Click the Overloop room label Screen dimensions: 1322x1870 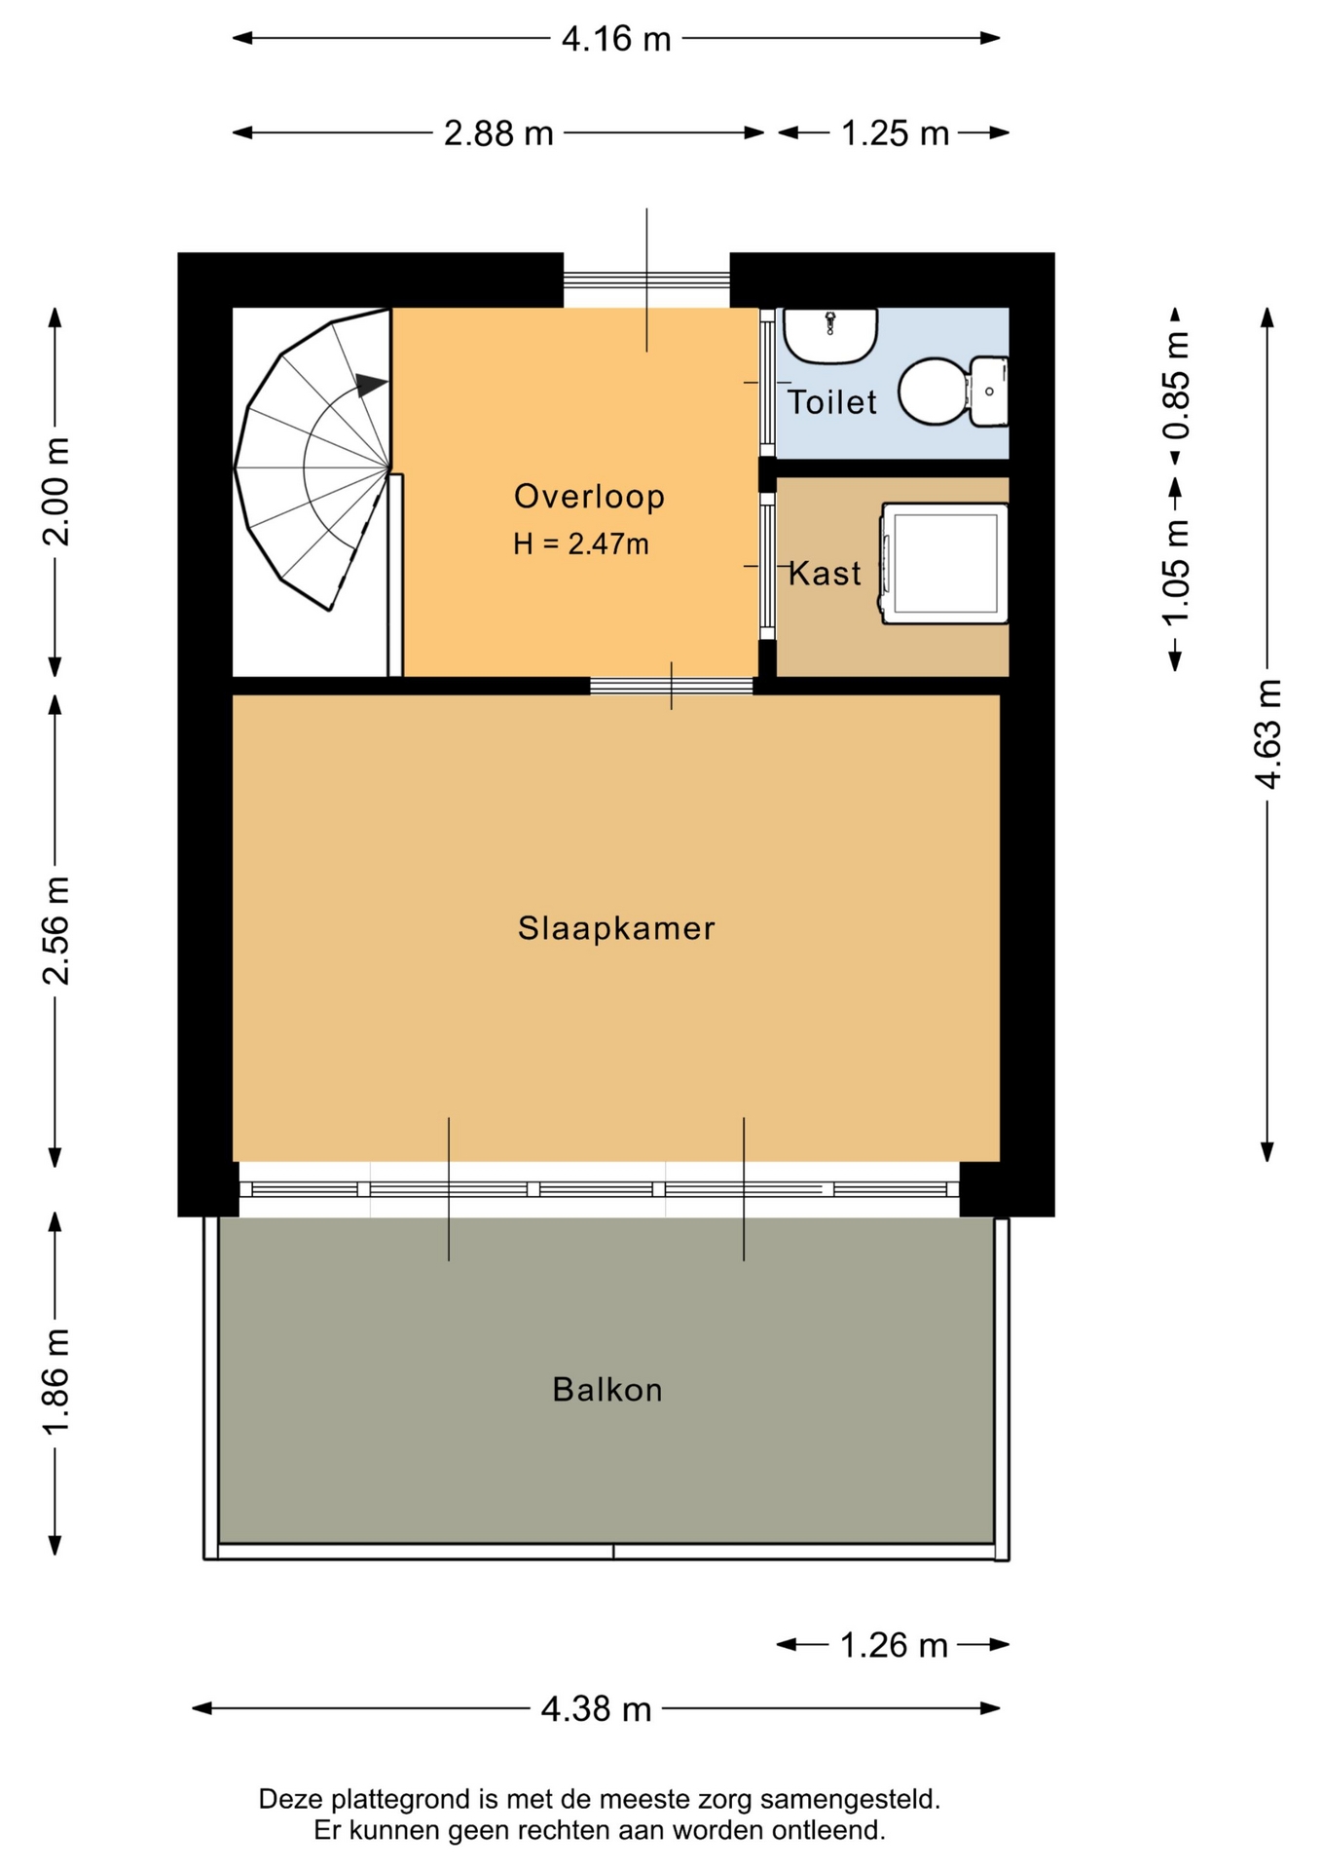[589, 497]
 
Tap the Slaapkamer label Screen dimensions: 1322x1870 [616, 928]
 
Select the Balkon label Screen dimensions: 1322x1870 [607, 1389]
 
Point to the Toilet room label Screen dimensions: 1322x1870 [831, 401]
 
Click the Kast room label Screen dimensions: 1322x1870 [825, 573]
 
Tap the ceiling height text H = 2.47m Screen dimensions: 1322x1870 [581, 543]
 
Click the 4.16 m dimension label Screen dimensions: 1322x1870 [616, 39]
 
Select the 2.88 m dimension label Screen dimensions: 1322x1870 [498, 133]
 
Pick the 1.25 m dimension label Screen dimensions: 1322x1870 [895, 133]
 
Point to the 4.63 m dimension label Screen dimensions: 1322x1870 [1267, 733]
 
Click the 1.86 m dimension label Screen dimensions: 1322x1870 [55, 1380]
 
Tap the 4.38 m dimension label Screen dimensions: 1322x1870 [596, 1708]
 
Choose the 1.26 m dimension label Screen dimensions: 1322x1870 [894, 1645]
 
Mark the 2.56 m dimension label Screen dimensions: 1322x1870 [55, 930]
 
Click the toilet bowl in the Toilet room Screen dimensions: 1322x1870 [952, 392]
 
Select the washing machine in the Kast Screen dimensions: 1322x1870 [943, 563]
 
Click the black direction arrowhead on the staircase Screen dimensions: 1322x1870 [371, 385]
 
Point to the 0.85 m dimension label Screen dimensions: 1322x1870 [1176, 385]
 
